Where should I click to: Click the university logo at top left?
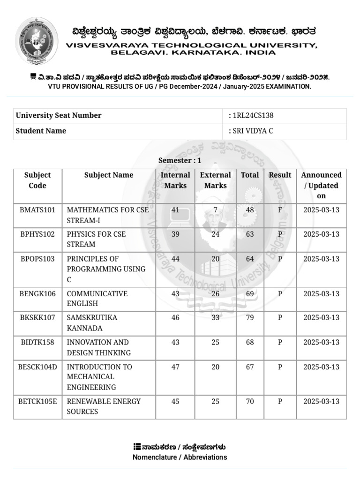(x=37, y=41)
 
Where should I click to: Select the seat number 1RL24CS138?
(x=253, y=116)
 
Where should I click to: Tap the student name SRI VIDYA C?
(x=253, y=131)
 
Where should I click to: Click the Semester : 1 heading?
(x=180, y=160)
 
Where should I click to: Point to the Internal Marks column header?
(x=175, y=180)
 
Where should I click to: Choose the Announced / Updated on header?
(x=321, y=185)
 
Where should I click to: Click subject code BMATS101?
(x=37, y=210)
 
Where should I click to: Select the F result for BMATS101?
(x=280, y=210)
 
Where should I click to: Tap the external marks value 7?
(x=216, y=210)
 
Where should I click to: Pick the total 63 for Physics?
(x=250, y=234)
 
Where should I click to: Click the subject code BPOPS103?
(x=37, y=259)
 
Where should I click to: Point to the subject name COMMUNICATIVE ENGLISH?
(x=97, y=299)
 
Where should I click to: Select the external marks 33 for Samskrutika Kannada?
(x=216, y=318)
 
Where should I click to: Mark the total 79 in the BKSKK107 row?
(x=250, y=318)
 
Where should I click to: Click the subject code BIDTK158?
(x=37, y=342)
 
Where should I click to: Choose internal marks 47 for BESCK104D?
(x=175, y=367)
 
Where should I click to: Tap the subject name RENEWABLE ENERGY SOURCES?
(x=104, y=406)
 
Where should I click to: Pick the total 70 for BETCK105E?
(x=250, y=401)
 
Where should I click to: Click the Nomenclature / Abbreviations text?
(x=180, y=457)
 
